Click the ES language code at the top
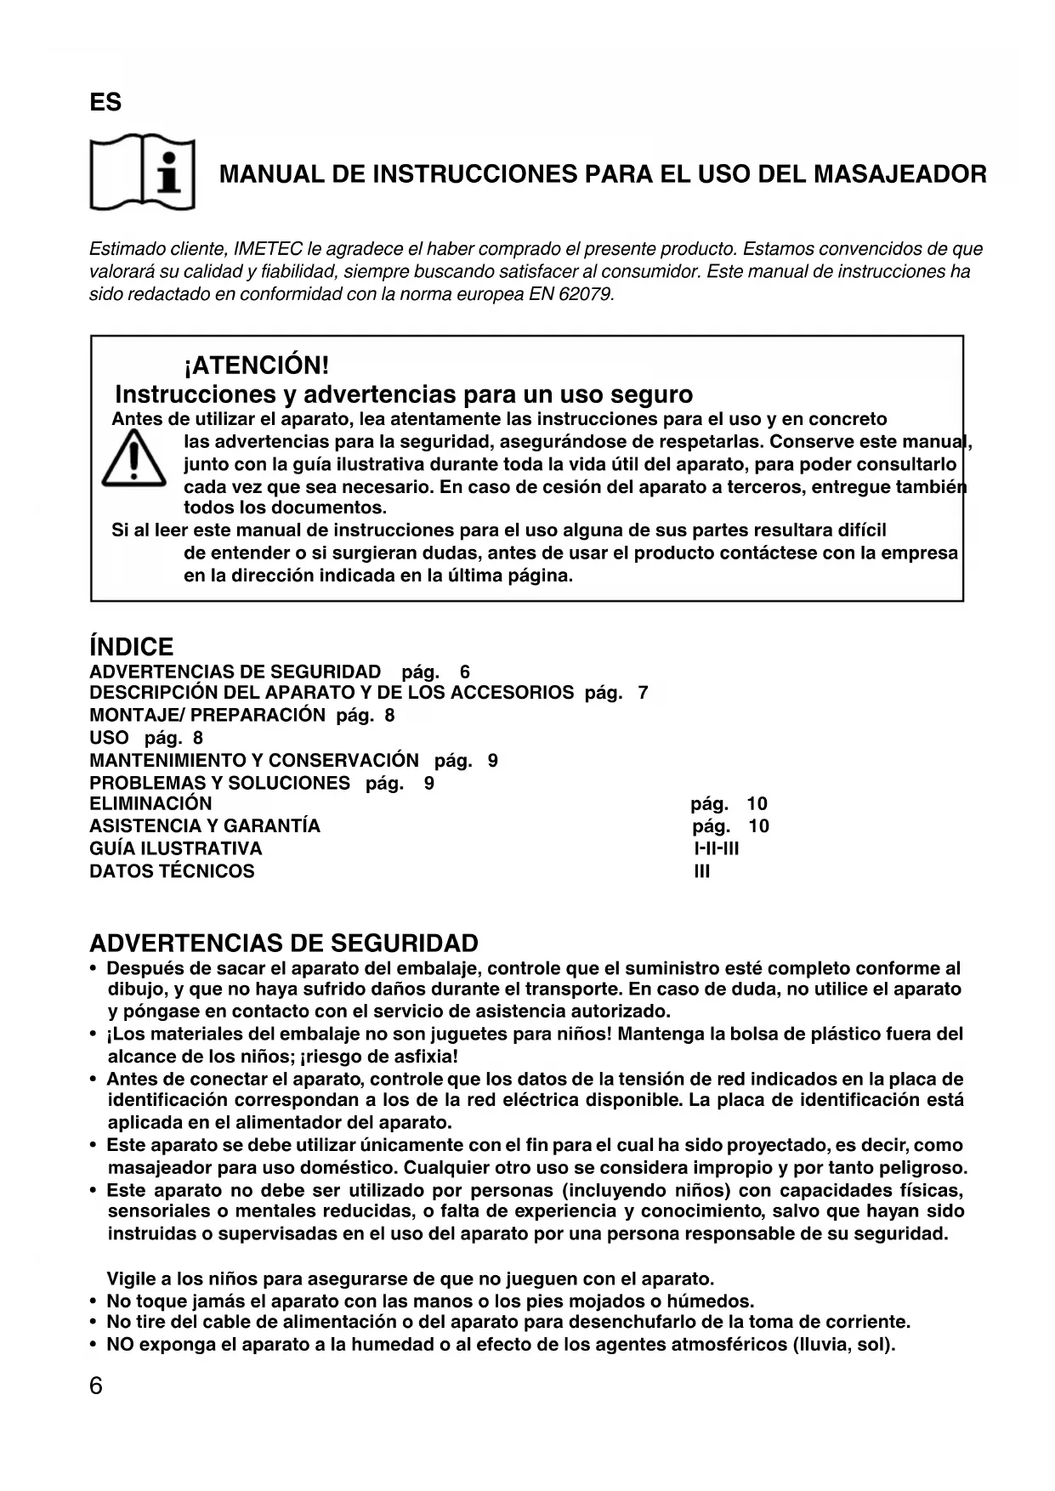105,103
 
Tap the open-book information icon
143,173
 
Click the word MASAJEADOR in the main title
900,175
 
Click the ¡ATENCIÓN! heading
256,366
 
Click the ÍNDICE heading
131,647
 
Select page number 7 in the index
643,693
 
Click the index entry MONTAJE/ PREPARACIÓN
207,715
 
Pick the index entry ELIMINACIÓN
150,804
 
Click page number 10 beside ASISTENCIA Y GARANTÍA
758,826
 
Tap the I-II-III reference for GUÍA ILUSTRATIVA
717,848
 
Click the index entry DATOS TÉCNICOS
172,871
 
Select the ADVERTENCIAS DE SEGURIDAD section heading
284,944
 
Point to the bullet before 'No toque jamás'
93,1301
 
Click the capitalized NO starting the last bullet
120,1345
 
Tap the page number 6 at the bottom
96,1386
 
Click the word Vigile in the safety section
132,1279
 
